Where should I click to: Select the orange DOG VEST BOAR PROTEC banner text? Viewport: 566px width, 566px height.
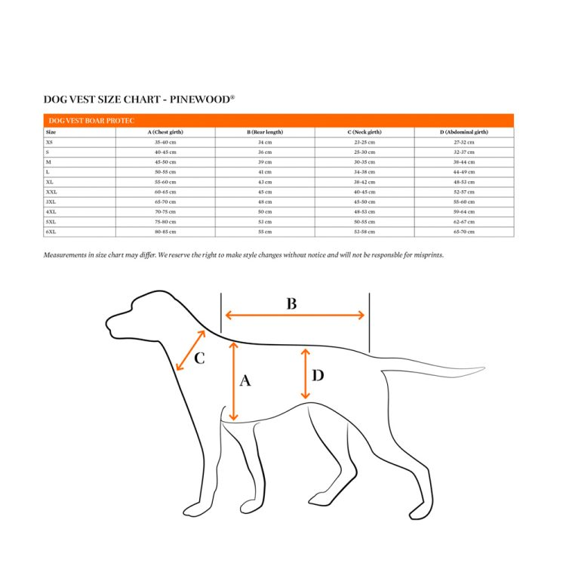click(x=80, y=121)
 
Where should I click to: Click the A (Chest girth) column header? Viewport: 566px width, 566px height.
click(x=165, y=132)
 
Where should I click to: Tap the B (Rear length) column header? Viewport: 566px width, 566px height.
click(x=265, y=132)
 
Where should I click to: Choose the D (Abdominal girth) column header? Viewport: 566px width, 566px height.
click(x=464, y=132)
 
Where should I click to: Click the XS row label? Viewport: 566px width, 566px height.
click(x=50, y=142)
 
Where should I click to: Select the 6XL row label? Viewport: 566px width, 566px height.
click(x=51, y=232)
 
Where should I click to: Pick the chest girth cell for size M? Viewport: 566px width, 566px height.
click(x=165, y=162)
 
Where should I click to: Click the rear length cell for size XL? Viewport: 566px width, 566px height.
click(x=265, y=182)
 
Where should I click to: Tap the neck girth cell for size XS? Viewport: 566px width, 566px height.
click(x=365, y=142)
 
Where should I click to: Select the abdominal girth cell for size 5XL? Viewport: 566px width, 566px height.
click(x=464, y=222)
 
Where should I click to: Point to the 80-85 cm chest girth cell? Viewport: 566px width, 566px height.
click(x=165, y=232)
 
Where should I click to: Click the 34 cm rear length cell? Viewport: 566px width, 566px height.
click(x=265, y=142)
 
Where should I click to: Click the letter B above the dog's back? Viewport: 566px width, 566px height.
click(x=291, y=304)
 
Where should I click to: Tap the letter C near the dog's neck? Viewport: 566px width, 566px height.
click(x=199, y=358)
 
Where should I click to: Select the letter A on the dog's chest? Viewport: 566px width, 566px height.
click(x=245, y=381)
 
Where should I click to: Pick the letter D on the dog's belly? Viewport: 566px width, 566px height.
click(x=318, y=375)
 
